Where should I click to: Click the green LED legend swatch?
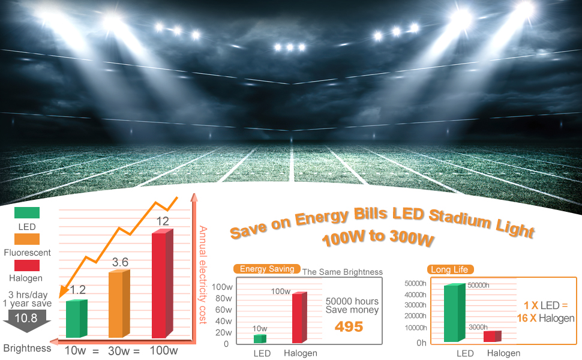(27, 212)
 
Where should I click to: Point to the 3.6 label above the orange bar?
(120, 262)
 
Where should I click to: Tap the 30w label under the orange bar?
(120, 350)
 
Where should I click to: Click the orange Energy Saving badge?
(267, 269)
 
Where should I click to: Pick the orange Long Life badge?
(449, 269)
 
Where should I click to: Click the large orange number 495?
(349, 326)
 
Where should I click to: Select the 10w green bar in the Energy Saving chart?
(259, 339)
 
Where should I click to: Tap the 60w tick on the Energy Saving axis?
(223, 310)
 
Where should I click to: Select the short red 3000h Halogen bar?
(491, 336)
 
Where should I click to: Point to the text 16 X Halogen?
(545, 319)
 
